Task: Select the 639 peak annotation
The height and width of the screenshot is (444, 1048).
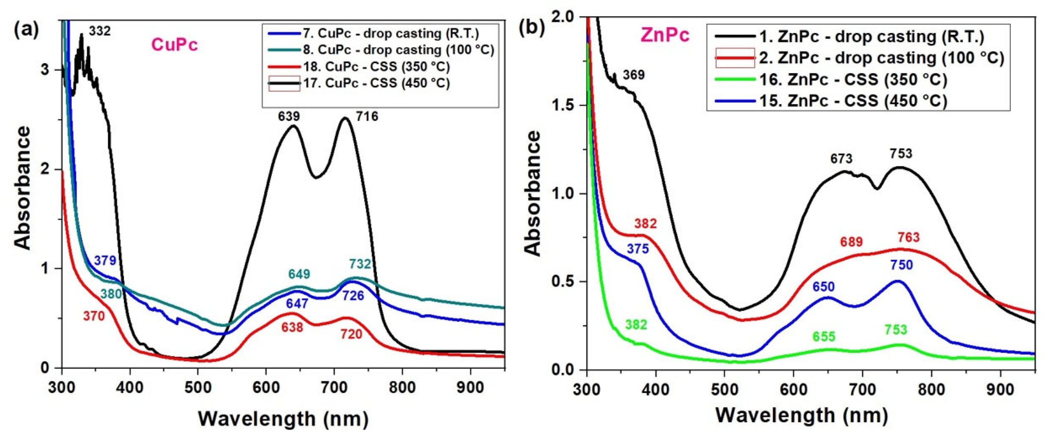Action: (289, 117)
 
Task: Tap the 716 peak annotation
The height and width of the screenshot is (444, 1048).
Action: (367, 117)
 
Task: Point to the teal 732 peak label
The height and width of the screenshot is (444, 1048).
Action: (360, 264)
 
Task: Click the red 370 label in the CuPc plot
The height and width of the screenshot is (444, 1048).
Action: (94, 316)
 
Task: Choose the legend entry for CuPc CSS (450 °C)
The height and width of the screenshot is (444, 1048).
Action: (376, 83)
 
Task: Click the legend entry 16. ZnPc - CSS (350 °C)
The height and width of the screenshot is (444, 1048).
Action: (853, 79)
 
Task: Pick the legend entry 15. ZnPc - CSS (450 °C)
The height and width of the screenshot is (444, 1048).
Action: (853, 101)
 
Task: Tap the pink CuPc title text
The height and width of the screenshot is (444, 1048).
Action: (175, 45)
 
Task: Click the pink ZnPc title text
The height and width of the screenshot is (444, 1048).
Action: (665, 36)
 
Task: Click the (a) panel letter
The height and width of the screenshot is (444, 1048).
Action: (27, 30)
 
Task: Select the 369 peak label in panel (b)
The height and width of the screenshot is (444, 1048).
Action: (633, 75)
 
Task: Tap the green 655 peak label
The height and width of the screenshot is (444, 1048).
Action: (824, 337)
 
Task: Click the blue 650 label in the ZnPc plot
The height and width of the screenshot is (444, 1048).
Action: (824, 287)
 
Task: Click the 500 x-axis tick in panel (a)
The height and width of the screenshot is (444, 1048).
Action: (198, 388)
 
